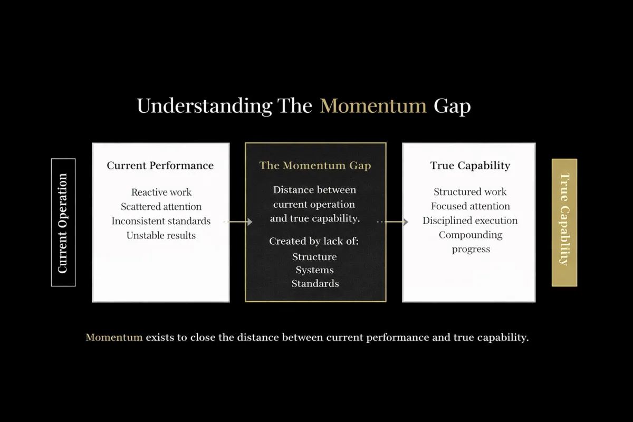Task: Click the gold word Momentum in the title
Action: coord(373,106)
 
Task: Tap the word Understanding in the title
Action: coord(204,107)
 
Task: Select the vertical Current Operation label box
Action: coord(63,223)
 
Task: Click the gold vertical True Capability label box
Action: coord(564,223)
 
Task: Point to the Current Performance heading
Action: coord(160,165)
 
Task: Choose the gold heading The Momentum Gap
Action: coord(315,165)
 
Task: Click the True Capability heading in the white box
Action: coord(470,165)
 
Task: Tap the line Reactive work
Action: coord(161,192)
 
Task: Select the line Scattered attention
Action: coord(161,207)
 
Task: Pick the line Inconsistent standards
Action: coord(161,221)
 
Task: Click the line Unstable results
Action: coord(161,235)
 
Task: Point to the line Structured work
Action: coord(470,192)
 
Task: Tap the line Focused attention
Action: coord(471,206)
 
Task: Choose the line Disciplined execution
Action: coord(470,220)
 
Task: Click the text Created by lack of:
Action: coord(314,241)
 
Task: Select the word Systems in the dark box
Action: coord(314,270)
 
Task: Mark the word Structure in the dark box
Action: coord(314,257)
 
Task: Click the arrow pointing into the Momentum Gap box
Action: coord(238,222)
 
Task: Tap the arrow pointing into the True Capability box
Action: coord(393,222)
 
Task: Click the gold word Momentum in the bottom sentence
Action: coord(114,338)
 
